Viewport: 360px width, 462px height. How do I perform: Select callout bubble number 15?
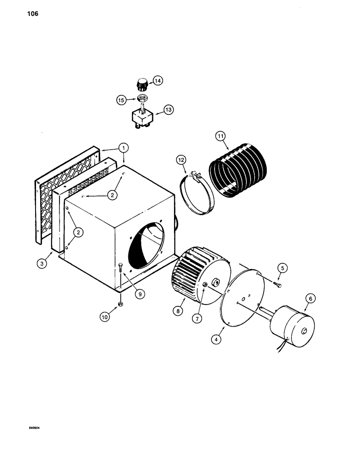pos(120,99)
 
